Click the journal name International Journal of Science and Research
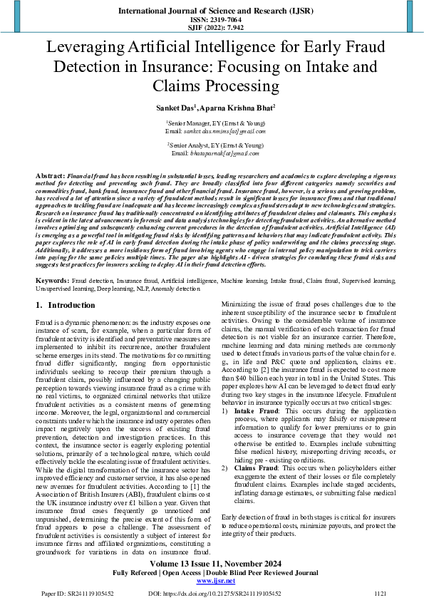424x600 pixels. [212, 11]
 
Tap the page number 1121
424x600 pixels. [380, 593]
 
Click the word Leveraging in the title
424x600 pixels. [86, 49]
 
